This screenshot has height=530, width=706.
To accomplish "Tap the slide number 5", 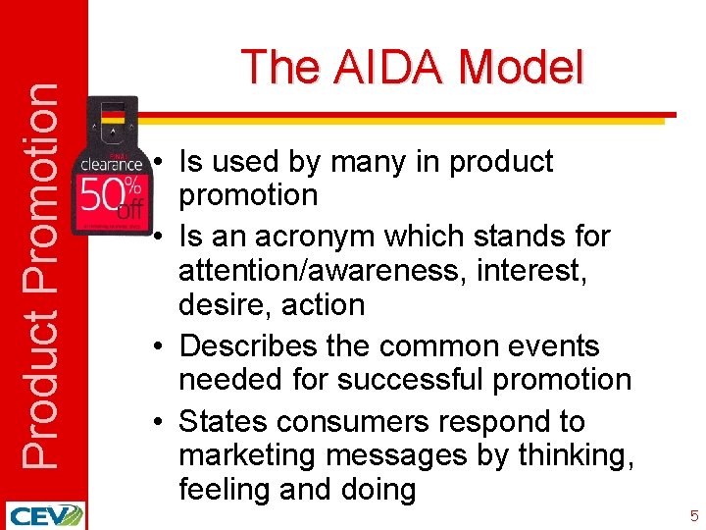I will tap(693, 515).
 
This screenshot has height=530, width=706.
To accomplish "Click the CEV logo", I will tap(44, 515).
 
